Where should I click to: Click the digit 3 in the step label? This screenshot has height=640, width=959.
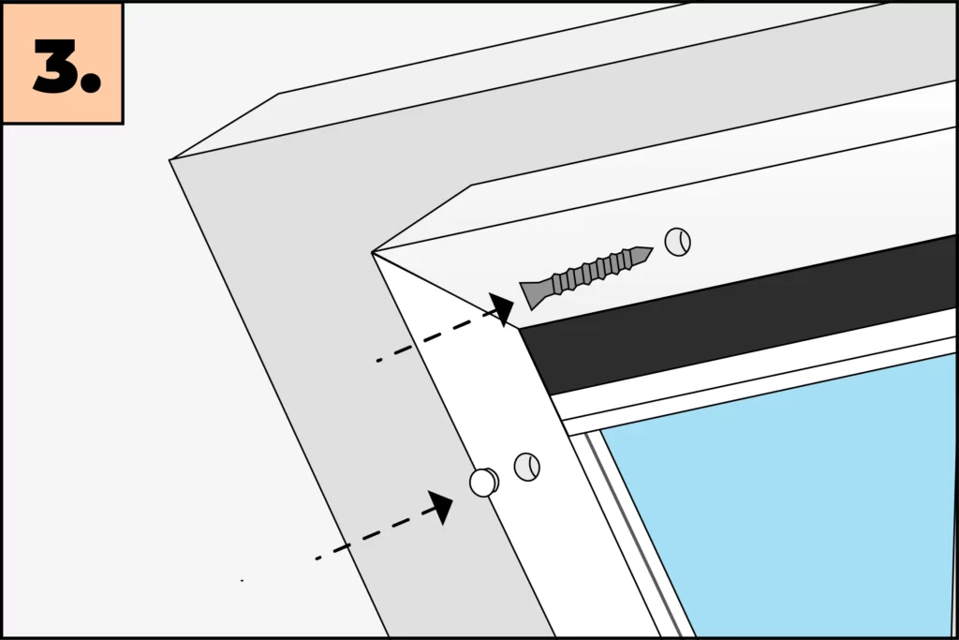pyautogui.click(x=55, y=67)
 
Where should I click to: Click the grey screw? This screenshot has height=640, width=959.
pyautogui.click(x=586, y=274)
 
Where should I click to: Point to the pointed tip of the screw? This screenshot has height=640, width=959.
pyautogui.click(x=652, y=249)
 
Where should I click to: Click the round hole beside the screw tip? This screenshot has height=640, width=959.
pyautogui.click(x=678, y=242)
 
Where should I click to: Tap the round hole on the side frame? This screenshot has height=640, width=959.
pyautogui.click(x=526, y=467)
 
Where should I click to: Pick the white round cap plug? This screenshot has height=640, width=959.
pyautogui.click(x=484, y=483)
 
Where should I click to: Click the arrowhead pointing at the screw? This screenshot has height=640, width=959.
pyautogui.click(x=502, y=308)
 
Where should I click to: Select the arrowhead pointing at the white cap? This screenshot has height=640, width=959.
pyautogui.click(x=441, y=507)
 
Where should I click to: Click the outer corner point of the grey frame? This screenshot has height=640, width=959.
pyautogui.click(x=170, y=160)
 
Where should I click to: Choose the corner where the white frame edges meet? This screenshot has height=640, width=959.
pyautogui.click(x=372, y=253)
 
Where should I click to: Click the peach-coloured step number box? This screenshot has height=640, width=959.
pyautogui.click(x=63, y=63)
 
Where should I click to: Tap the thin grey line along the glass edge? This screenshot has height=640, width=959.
pyautogui.click(x=634, y=535)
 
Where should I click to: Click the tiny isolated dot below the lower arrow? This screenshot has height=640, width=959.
pyautogui.click(x=243, y=580)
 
